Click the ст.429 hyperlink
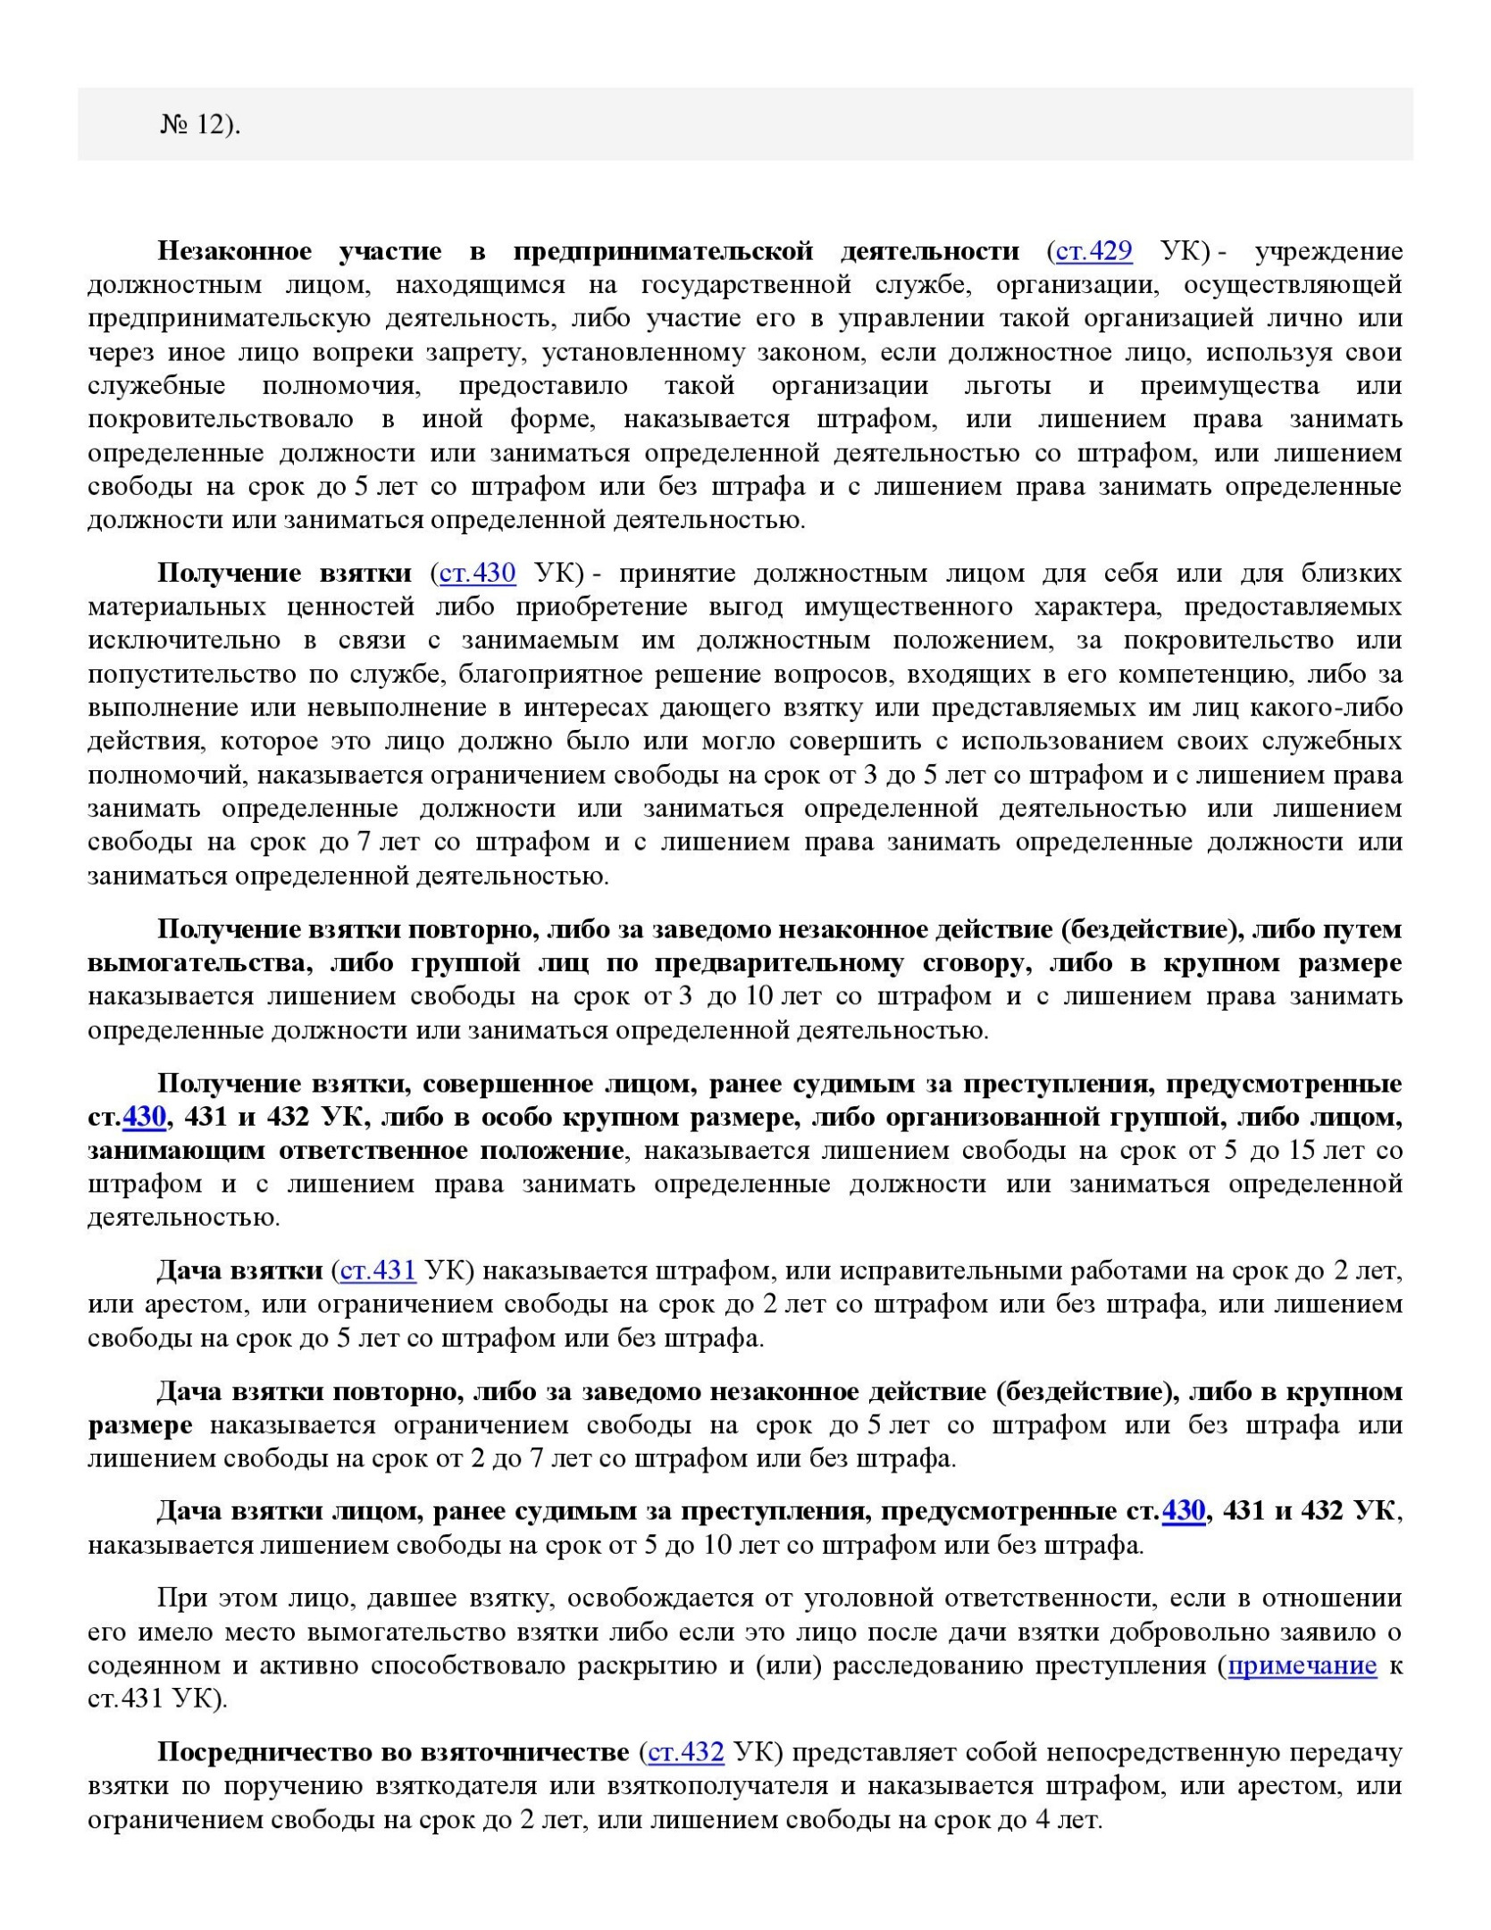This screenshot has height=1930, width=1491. (1093, 252)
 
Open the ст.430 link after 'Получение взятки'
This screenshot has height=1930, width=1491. (477, 573)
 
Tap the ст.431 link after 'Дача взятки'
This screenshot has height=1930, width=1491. (378, 1271)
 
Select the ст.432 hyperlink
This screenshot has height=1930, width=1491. (685, 1752)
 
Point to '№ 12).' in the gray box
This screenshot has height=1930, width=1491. (201, 125)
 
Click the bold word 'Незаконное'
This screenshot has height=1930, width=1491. (235, 252)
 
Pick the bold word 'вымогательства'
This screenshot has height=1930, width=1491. (198, 963)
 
